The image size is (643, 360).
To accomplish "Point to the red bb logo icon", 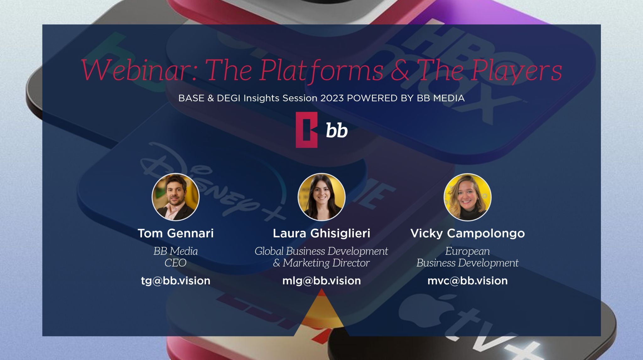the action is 306,130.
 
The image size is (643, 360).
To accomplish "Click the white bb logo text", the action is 337,130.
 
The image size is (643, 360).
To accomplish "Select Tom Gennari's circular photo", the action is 176,197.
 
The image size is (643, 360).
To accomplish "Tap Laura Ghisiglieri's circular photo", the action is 321,197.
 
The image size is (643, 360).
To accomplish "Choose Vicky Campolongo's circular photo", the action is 467,197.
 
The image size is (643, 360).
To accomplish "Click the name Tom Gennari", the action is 176,233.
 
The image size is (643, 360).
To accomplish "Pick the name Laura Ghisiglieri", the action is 321,234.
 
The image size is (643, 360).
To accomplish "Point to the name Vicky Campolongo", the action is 467,234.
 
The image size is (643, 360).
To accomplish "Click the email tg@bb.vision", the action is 176,281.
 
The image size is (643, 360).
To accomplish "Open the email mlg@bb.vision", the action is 321,281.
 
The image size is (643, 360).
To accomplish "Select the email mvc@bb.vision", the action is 467,281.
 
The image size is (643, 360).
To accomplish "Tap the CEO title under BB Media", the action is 176,263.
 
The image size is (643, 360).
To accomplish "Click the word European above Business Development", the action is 467,251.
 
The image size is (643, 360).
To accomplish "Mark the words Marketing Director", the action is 326,263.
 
